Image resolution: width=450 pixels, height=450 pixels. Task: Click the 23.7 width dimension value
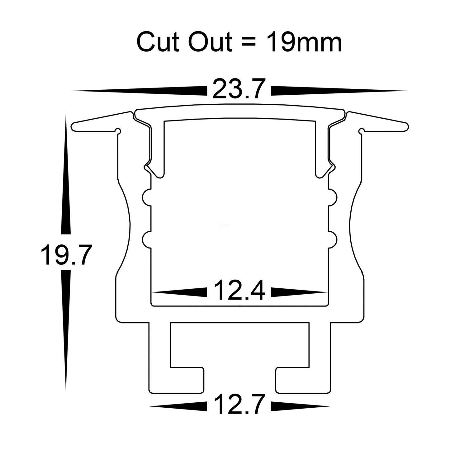click(x=239, y=89)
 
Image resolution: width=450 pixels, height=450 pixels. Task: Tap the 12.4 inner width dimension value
click(x=239, y=291)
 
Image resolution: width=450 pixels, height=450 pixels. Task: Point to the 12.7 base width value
click(x=239, y=405)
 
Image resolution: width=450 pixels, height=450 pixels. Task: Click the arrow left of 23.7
click(x=140, y=91)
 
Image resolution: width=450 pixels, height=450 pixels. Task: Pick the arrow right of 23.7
click(x=339, y=91)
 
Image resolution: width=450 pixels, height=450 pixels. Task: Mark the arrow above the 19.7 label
click(x=65, y=174)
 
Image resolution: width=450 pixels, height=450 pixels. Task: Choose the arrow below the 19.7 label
click(x=65, y=330)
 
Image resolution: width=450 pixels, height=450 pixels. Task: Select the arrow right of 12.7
click(x=300, y=406)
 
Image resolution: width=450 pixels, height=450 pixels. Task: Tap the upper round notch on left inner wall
click(x=147, y=197)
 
